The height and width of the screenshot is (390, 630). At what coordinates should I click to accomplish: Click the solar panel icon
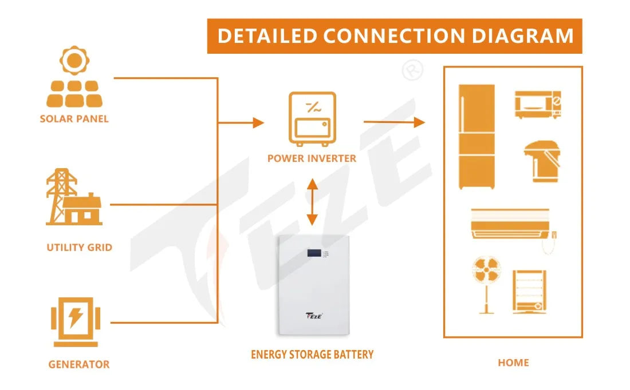tap(74, 79)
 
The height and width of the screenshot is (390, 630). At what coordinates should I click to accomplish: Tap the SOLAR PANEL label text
tap(74, 119)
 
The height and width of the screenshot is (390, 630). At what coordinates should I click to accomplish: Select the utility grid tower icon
tap(73, 197)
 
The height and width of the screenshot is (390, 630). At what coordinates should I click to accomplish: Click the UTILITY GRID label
tap(79, 248)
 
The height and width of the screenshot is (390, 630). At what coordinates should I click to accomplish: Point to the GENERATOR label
tap(78, 364)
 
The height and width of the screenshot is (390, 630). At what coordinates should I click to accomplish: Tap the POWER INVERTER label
tap(312, 158)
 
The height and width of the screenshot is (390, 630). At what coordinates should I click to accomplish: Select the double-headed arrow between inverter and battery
tap(312, 201)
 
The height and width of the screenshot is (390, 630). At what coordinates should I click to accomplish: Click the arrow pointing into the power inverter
tap(252, 122)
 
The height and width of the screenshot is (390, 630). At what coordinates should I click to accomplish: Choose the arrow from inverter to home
tap(395, 122)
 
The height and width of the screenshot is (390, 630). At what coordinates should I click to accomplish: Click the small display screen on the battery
tap(314, 252)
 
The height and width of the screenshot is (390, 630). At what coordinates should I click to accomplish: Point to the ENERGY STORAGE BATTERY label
tap(312, 355)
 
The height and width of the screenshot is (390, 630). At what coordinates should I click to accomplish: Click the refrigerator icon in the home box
tap(477, 137)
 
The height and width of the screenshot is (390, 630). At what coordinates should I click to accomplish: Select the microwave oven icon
tap(537, 105)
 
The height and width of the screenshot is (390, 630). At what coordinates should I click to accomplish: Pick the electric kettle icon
tap(541, 162)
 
